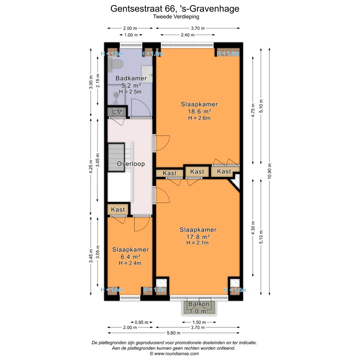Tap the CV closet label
click(x=117, y=112)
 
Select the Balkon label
click(x=199, y=304)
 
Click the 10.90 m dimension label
click(x=270, y=171)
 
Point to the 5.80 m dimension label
click(x=174, y=333)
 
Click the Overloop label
click(x=131, y=164)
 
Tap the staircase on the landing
click(x=116, y=157)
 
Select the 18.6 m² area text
click(x=199, y=112)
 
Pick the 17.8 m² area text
click(x=198, y=237)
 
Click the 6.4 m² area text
click(x=130, y=257)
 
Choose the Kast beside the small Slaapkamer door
click(x=118, y=209)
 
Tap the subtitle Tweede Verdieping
click(x=176, y=17)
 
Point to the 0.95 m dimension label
click(x=141, y=322)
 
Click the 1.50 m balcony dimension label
click(x=199, y=322)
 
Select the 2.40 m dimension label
click(x=188, y=35)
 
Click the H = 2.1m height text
click(x=197, y=243)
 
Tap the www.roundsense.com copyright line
click(x=174, y=354)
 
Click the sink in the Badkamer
click(x=147, y=74)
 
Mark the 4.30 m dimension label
click(x=253, y=228)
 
